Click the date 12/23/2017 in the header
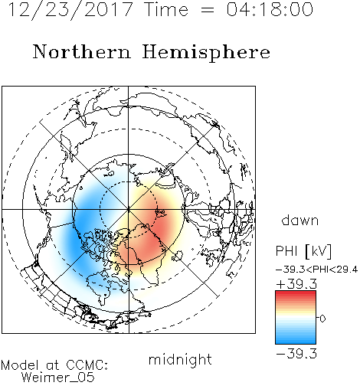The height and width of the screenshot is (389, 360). [70, 10]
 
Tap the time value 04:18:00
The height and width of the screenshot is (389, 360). [270, 9]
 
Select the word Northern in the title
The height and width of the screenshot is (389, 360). [82, 51]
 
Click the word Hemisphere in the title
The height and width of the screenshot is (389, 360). [206, 53]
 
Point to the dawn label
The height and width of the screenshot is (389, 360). [300, 220]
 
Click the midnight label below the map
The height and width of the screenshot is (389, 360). [180, 359]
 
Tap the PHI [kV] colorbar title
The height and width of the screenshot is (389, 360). [304, 251]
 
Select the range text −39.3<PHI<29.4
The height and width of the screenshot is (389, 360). [316, 270]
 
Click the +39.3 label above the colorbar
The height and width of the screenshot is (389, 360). [296, 284]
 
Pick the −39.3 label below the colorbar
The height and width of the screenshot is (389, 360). [296, 354]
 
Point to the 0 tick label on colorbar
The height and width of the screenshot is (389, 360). [322, 319]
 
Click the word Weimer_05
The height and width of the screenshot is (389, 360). [58, 377]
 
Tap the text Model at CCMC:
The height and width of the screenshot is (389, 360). [54, 365]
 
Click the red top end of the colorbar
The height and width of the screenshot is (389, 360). [296, 293]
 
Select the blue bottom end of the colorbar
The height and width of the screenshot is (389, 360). [296, 342]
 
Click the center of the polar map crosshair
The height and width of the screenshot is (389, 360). [129, 210]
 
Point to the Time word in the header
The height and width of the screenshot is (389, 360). [166, 9]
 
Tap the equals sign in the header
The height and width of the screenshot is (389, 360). [208, 10]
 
